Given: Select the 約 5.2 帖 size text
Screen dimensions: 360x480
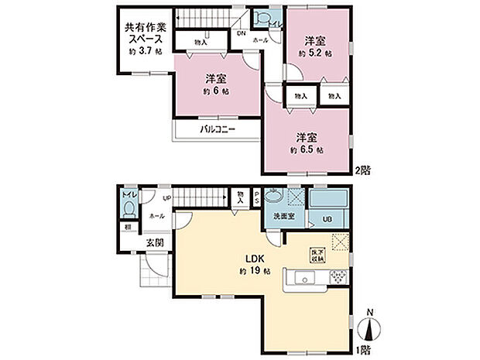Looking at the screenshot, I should click(x=317, y=53).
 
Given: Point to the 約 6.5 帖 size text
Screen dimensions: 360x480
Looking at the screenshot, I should click(x=307, y=149).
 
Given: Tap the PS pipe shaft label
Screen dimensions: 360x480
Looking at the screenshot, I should click(x=257, y=198).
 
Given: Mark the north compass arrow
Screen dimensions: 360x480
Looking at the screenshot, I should click(x=370, y=329).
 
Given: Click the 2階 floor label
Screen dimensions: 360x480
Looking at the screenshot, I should click(x=361, y=169).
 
